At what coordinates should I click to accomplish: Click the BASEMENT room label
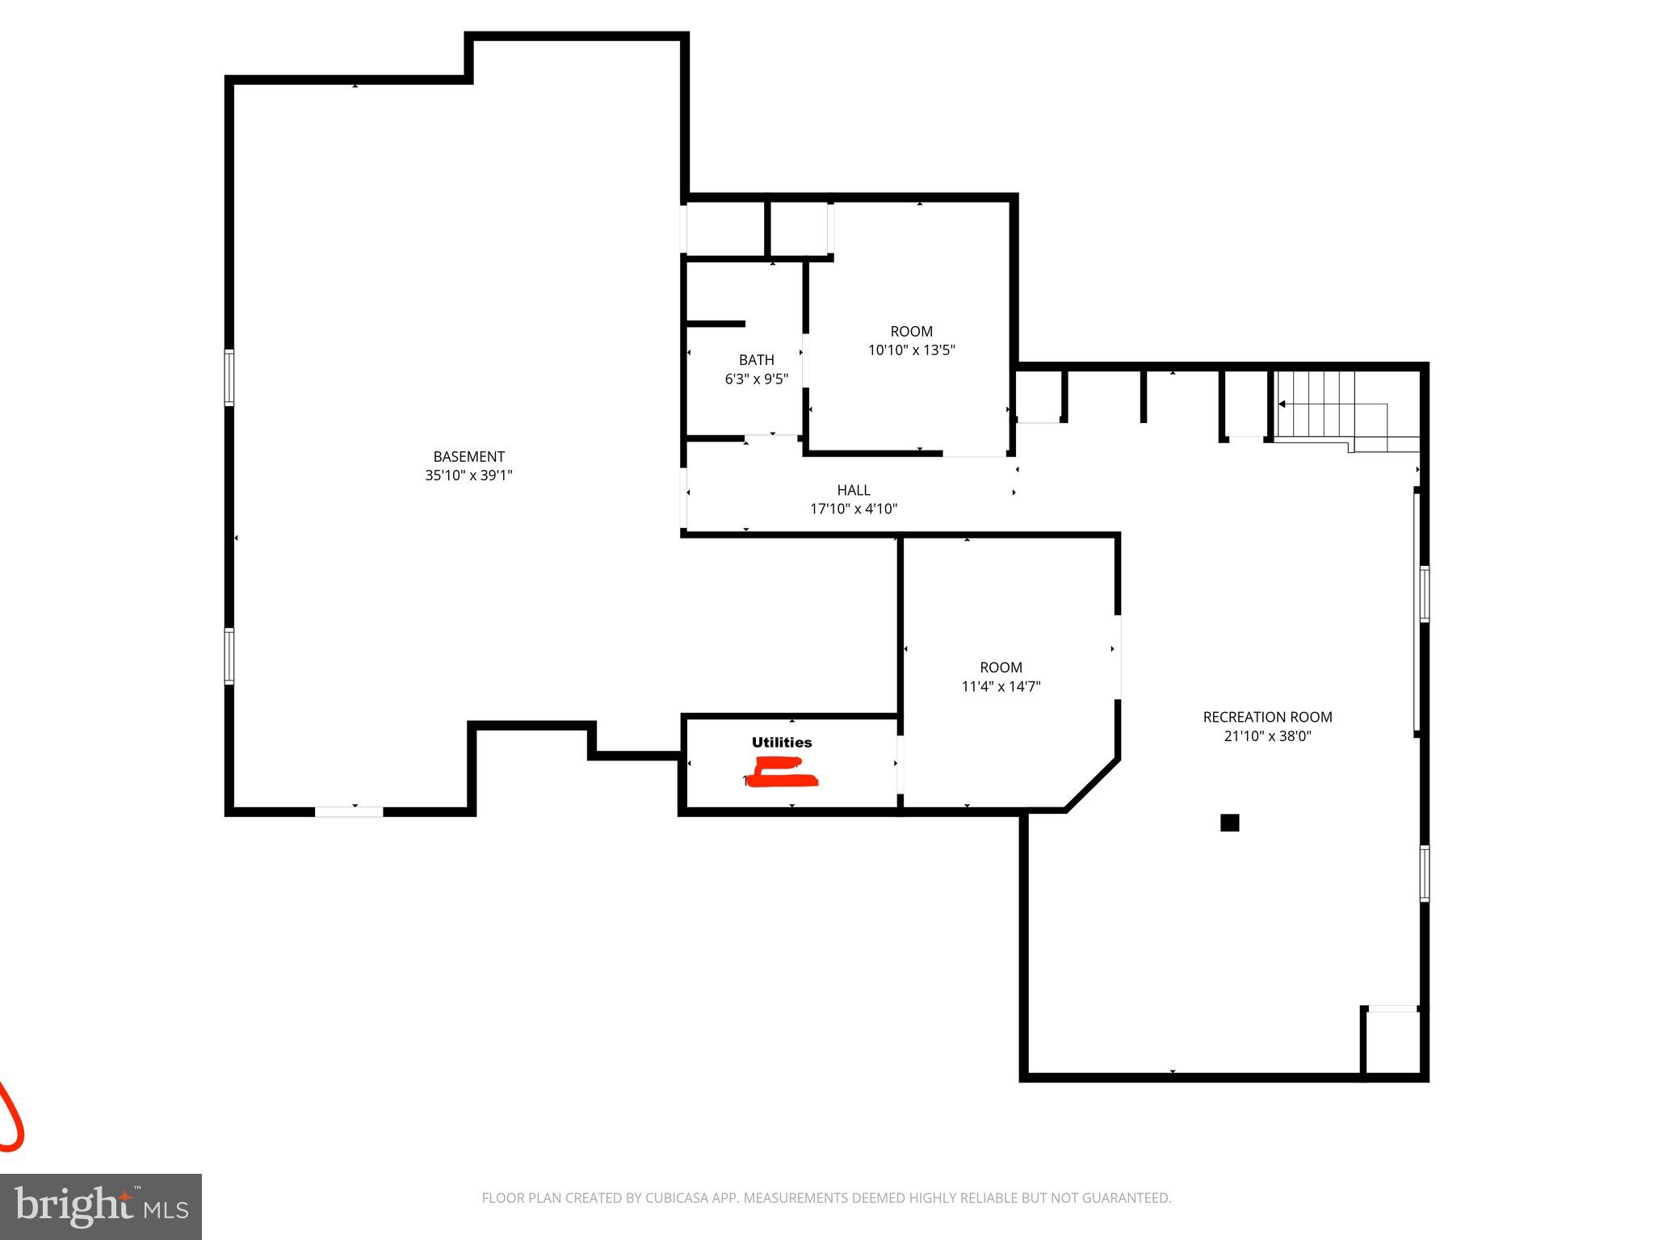(x=468, y=456)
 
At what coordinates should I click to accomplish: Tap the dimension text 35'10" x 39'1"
(x=468, y=475)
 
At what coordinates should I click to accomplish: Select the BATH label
(x=756, y=360)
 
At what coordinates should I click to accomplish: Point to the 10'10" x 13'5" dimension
(x=911, y=350)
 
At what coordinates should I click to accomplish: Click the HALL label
(x=854, y=490)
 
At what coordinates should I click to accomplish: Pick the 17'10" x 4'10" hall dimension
(x=854, y=509)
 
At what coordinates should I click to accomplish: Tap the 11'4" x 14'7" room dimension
(x=1001, y=687)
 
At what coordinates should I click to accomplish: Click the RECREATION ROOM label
(x=1267, y=717)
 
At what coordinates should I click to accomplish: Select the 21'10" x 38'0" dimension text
(x=1267, y=736)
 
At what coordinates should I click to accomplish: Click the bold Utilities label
(x=782, y=743)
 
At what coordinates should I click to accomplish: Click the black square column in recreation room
(x=1229, y=823)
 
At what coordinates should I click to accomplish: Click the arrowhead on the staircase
(x=1282, y=404)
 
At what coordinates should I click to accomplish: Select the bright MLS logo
(x=100, y=1206)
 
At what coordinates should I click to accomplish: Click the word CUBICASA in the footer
(x=675, y=1198)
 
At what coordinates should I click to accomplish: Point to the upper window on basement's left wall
(x=229, y=377)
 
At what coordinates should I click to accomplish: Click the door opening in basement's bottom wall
(x=348, y=811)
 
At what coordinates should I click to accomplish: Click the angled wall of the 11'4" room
(x=1092, y=785)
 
